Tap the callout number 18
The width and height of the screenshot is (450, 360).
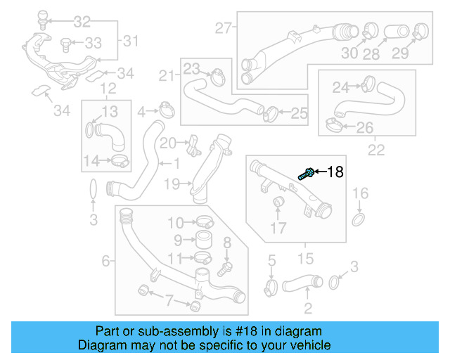pos(335,172)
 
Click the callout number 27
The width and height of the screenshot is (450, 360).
pos(223,29)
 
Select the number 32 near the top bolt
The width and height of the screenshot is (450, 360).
pos(82,21)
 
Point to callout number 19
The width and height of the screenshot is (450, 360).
pos(172,184)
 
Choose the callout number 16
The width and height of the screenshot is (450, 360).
pos(359,193)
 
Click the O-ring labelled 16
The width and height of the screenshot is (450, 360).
pos(358,221)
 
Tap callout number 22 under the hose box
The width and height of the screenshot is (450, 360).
pos(376,149)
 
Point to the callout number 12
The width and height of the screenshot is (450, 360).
pos(108,89)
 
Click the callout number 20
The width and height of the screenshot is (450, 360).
pos(167,143)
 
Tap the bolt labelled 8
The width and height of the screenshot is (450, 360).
pos(225,267)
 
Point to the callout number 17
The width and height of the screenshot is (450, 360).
pos(279,228)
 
